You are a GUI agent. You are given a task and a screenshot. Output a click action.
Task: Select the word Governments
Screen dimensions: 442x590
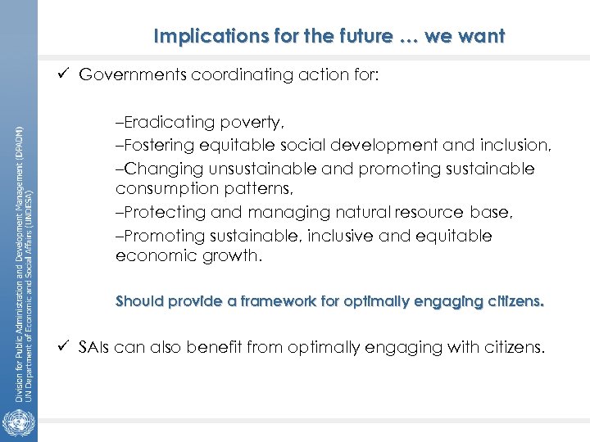point(133,75)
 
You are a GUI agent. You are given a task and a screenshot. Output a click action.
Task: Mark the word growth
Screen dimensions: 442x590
point(234,255)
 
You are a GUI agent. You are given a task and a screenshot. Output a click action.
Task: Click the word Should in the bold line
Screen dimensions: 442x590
point(140,301)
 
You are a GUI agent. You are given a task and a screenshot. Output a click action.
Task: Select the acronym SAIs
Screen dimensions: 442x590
point(95,348)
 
